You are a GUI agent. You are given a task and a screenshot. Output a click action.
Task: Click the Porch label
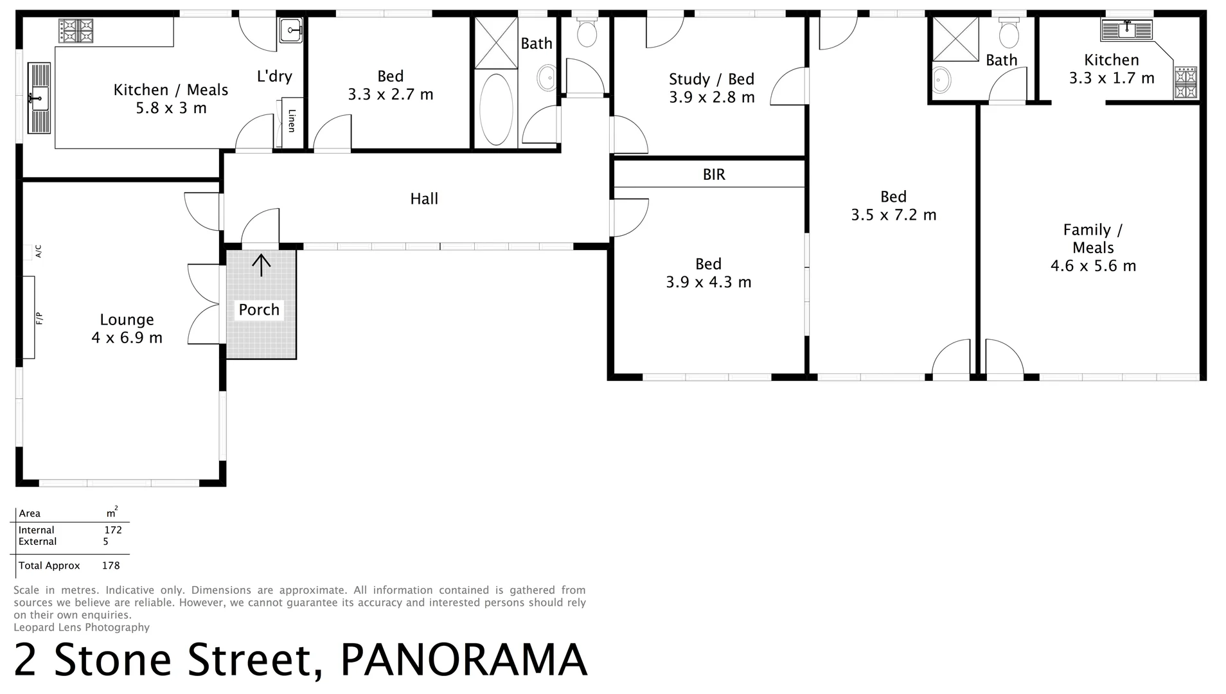(259, 310)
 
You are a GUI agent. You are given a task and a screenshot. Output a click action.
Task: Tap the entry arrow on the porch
(261, 265)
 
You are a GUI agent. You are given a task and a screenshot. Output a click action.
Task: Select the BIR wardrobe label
(714, 174)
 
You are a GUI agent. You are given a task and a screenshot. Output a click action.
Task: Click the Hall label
(424, 199)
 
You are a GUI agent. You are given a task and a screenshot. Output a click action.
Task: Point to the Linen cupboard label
(291, 121)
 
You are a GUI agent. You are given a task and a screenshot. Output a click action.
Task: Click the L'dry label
(274, 76)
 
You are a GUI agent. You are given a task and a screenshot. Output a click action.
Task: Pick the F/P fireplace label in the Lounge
(39, 318)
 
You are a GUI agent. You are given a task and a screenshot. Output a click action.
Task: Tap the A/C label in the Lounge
(39, 251)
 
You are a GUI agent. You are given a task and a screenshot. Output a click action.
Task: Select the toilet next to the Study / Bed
(587, 31)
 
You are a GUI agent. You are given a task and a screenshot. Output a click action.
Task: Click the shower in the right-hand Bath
(955, 39)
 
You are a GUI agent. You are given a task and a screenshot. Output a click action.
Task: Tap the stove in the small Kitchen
(1186, 83)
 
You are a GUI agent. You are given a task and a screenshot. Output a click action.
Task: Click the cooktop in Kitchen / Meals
(76, 31)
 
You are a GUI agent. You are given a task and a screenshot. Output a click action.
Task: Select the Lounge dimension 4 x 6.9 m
(127, 337)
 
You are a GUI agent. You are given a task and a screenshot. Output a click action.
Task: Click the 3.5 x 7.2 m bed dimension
(893, 215)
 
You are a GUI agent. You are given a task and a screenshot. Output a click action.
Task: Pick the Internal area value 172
(113, 530)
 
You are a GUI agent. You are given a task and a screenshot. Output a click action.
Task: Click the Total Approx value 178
(111, 565)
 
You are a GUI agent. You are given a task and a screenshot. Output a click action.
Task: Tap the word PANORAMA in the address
(463, 660)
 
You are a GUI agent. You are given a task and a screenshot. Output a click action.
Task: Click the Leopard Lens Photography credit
(82, 627)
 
